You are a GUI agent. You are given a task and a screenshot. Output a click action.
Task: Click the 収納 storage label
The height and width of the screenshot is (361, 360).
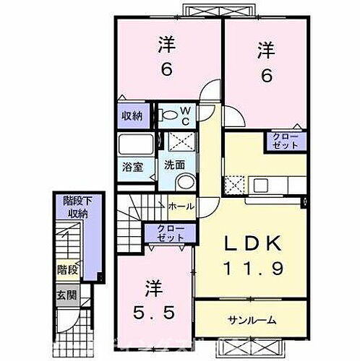click(x=131, y=116)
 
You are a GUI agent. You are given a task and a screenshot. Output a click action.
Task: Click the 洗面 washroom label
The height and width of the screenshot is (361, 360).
click(x=172, y=164)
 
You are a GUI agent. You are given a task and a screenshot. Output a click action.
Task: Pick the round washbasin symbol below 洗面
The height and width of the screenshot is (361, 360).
click(x=184, y=181)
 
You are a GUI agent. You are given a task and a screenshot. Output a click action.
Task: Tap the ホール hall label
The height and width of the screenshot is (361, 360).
click(x=180, y=206)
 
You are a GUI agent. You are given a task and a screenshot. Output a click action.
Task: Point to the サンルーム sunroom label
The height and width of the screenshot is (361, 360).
click(x=254, y=318)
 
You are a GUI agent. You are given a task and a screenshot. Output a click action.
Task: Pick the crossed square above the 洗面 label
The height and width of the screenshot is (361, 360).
click(x=174, y=142)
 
